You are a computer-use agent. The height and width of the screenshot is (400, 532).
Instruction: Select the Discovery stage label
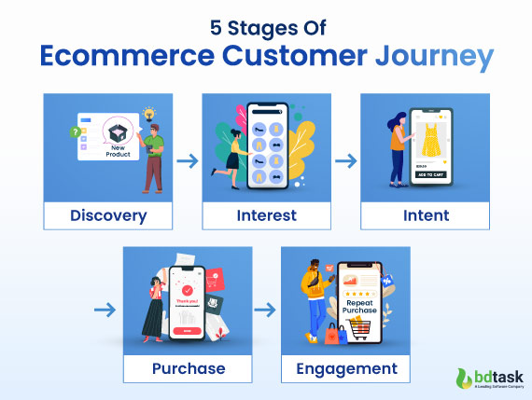click(x=108, y=215)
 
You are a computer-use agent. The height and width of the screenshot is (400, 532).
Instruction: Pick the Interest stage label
click(x=266, y=215)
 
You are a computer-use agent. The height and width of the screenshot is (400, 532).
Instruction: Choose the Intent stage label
click(x=425, y=215)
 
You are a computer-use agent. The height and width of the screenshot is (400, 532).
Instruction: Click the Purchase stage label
click(x=188, y=368)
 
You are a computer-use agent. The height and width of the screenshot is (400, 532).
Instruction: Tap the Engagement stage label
click(x=345, y=368)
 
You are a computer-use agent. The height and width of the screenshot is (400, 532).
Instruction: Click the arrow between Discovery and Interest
click(x=188, y=160)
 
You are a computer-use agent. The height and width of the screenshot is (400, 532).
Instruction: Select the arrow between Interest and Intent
click(x=345, y=160)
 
